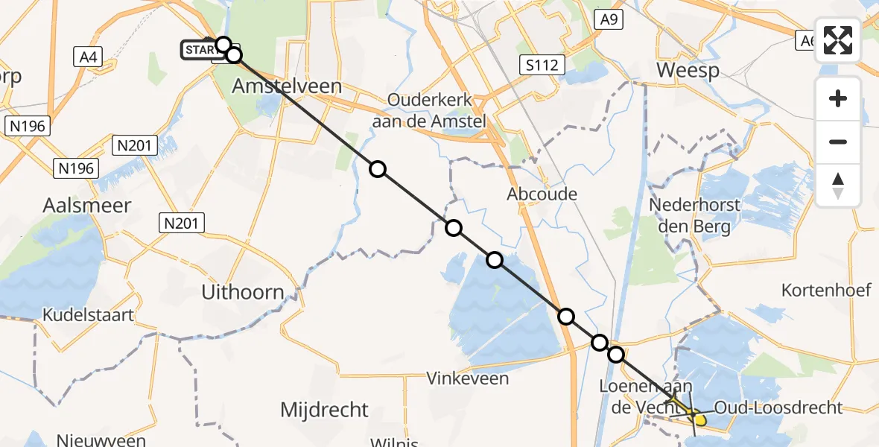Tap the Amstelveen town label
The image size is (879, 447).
pos(287,86)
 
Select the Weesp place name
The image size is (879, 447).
pos(688,71)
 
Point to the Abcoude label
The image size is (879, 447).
pos(542,194)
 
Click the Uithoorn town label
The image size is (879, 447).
pos(243,292)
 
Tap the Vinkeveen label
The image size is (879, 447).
pos(468,378)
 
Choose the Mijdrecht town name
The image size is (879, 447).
pos(324,409)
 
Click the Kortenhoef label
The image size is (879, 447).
pos(826,290)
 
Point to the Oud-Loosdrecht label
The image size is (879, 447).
pos(778,408)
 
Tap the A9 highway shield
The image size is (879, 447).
pos(608,20)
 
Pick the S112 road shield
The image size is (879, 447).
pos(541,66)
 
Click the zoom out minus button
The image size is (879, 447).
pos(838,142)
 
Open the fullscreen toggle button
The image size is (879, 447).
pos(838,40)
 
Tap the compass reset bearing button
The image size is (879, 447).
pos(838,186)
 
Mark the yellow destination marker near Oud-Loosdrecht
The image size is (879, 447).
pos(699,419)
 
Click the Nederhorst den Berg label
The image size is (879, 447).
pos(694,215)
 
